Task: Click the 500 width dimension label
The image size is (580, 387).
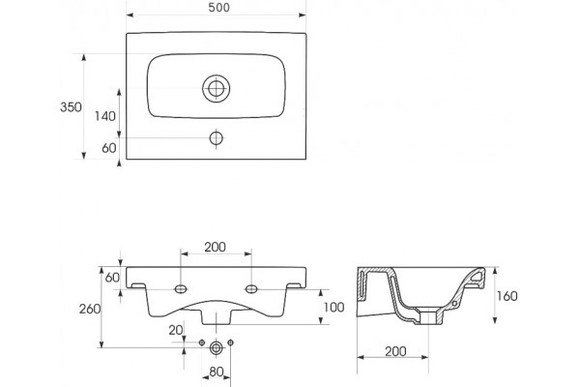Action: [x=219, y=8]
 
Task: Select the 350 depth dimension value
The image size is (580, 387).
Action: [x=71, y=107]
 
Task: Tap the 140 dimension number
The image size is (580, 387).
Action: [x=105, y=116]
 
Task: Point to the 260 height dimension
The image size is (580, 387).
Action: [x=90, y=309]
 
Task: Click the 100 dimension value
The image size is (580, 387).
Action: [x=334, y=307]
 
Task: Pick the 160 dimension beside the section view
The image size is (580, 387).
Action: [x=507, y=296]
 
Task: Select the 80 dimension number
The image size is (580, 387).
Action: [x=217, y=372]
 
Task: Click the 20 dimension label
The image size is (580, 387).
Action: [x=176, y=330]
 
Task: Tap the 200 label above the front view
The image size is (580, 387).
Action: [x=216, y=247]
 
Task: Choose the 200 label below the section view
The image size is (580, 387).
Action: [x=395, y=351]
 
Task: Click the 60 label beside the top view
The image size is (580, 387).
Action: [x=109, y=148]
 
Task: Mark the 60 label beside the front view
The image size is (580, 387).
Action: [x=112, y=278]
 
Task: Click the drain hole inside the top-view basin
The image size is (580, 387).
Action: [x=216, y=88]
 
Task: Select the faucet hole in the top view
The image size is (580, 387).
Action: [x=216, y=138]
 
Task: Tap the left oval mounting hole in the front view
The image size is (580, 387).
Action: [x=181, y=289]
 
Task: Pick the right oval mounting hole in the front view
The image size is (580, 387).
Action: [x=251, y=289]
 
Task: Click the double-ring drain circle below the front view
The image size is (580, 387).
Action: [x=216, y=347]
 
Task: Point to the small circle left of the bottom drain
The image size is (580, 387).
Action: [x=202, y=342]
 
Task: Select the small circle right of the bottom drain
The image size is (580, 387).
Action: [x=231, y=342]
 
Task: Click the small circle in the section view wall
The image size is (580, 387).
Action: [x=455, y=303]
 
